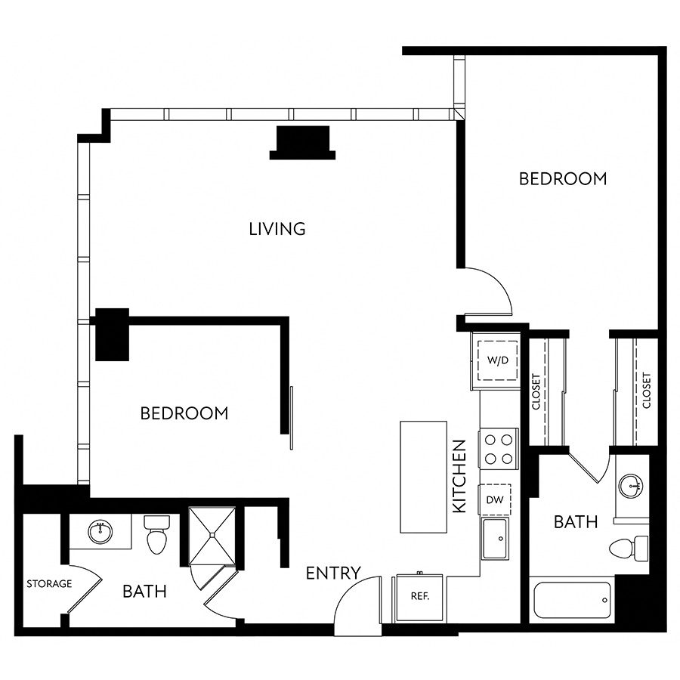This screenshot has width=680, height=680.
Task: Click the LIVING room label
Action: [277, 228]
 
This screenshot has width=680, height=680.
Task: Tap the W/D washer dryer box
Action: [497, 360]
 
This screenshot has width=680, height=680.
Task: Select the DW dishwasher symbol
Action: [495, 499]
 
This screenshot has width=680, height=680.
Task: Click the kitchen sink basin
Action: [495, 538]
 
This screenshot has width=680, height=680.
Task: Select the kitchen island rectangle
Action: [423, 477]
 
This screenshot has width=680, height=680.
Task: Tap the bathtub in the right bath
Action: [572, 600]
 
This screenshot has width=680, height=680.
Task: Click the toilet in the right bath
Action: [629, 549]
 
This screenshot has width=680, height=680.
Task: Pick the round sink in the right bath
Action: [631, 486]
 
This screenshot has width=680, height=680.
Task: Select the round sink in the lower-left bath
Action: [100, 531]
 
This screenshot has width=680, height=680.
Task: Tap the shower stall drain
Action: [212, 536]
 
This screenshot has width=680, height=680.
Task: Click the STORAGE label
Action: [49, 584]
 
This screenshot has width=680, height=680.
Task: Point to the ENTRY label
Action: [333, 573]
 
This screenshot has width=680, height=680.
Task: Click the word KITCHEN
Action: [459, 476]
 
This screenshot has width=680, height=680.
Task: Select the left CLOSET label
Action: [536, 391]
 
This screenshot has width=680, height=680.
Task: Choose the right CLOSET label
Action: [647, 391]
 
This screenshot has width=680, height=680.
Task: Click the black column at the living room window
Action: [303, 143]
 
